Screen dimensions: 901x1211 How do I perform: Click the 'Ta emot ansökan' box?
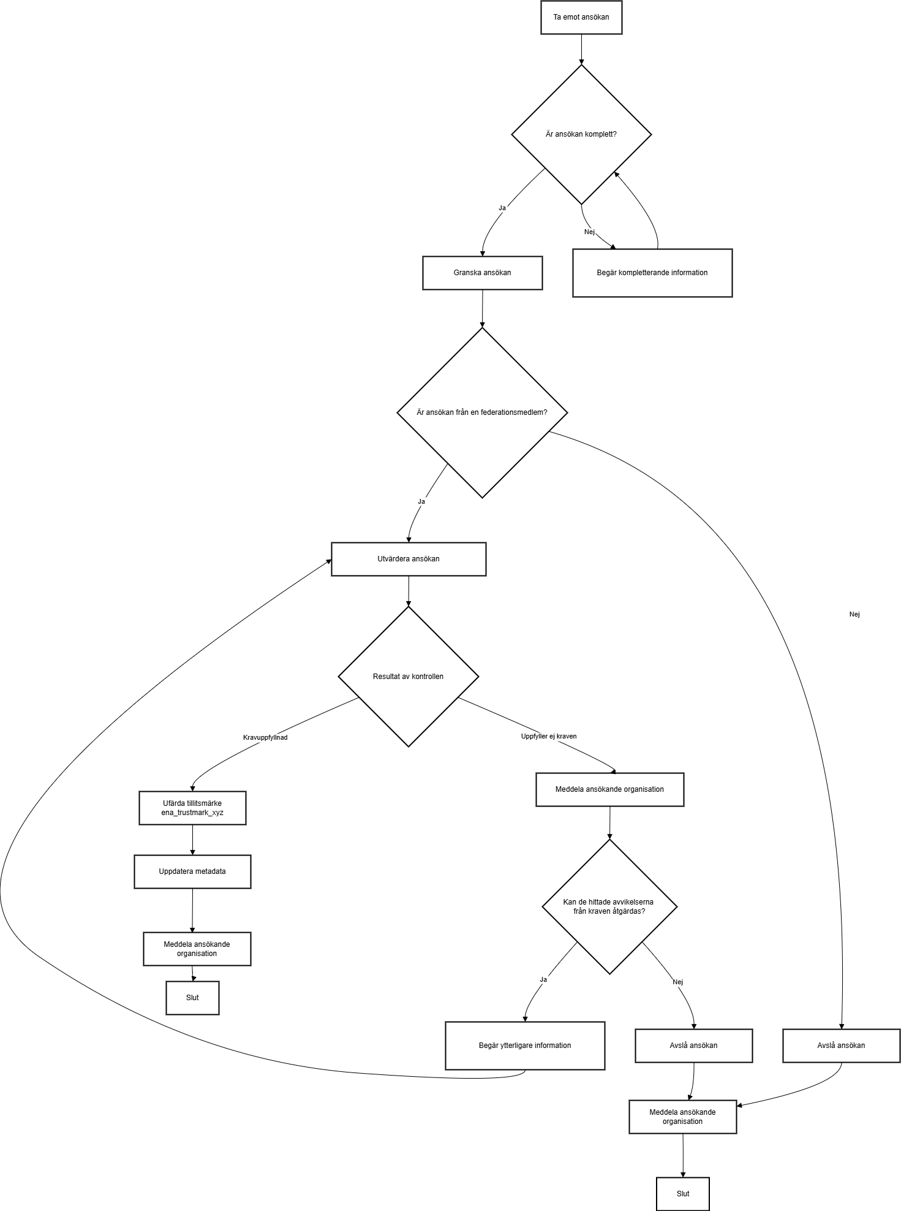point(581,17)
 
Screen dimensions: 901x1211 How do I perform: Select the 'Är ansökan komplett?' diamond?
point(581,134)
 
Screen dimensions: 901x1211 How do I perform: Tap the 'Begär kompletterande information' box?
point(652,273)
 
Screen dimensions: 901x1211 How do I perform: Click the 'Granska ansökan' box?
point(483,273)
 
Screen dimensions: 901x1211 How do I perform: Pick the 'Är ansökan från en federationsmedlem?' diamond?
point(482,412)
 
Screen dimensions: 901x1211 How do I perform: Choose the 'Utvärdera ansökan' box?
point(409,559)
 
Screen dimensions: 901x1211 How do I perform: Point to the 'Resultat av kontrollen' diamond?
point(409,677)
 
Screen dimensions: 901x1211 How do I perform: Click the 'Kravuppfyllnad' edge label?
point(265,737)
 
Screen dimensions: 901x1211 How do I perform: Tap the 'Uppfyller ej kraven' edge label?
point(549,736)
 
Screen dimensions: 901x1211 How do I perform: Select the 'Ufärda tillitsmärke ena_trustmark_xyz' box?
point(192,808)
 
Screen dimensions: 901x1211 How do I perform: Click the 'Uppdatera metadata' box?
point(192,871)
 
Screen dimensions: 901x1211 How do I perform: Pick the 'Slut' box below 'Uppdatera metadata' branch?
point(192,998)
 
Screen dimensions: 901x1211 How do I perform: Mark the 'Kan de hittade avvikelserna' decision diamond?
point(609,906)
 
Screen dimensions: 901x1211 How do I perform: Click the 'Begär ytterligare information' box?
point(525,1046)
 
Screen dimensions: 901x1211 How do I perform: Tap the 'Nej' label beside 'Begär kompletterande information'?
point(589,232)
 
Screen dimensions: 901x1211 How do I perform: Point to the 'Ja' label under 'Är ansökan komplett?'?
point(502,208)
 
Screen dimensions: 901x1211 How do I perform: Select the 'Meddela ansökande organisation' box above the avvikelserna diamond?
point(609,789)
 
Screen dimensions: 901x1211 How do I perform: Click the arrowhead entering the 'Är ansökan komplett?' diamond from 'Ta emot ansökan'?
point(581,61)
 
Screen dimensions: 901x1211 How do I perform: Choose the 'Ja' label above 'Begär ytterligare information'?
point(543,979)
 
